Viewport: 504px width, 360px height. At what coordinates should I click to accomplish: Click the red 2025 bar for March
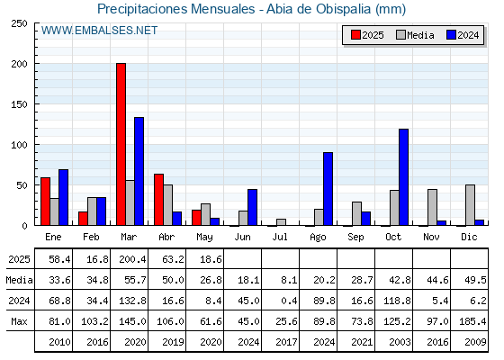[121, 144]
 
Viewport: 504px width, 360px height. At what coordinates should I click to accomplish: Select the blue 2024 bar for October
[403, 177]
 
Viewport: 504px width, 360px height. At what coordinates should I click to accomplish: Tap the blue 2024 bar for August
[328, 189]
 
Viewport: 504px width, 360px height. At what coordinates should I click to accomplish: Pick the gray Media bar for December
[470, 205]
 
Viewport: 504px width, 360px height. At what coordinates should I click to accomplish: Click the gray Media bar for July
[281, 222]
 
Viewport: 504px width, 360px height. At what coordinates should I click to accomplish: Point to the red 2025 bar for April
[158, 200]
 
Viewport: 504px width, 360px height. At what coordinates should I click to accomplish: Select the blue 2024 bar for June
[252, 207]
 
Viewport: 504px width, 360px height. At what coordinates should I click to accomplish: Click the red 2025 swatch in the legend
[355, 35]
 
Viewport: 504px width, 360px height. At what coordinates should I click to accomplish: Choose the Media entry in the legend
[415, 35]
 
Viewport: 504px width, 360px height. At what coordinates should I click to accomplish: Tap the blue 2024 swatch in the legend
[451, 35]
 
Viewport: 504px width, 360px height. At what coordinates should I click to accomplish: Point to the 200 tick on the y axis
[19, 64]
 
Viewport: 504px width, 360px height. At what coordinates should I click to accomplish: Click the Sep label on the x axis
[355, 238]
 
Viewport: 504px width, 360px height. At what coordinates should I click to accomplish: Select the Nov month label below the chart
[431, 237]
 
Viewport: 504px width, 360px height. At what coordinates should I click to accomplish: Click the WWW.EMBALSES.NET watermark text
[99, 31]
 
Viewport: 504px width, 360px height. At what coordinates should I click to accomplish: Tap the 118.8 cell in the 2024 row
[397, 301]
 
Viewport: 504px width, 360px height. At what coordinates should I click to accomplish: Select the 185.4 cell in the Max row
[472, 321]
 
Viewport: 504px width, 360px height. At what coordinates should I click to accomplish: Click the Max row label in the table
[19, 321]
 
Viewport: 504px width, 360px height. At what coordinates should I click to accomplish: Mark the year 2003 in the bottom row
[400, 342]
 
